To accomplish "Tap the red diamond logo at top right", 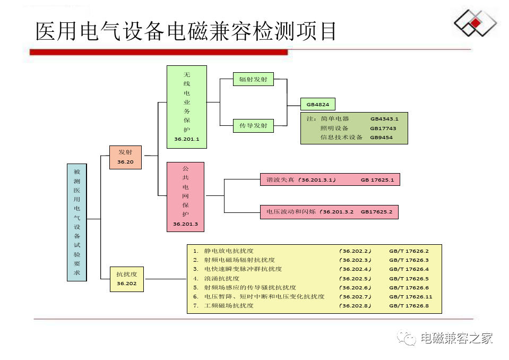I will point(476,24).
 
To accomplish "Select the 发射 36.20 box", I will point(125,157).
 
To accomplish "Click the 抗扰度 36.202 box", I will point(127,279).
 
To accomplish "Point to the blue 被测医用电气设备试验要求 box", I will point(77,222).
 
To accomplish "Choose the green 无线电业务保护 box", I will point(186,106).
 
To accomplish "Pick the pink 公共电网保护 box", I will point(185,196).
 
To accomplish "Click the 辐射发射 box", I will point(253,79).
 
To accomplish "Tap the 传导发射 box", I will point(253,126).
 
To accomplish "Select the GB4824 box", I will point(317,104).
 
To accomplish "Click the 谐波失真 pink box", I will point(330,179).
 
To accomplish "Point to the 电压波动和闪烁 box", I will point(329,212).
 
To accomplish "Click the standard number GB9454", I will point(381,138).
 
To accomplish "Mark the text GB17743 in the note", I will point(383,128).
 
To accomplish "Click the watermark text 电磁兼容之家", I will point(456,338).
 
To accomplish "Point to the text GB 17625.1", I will point(377,180).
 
